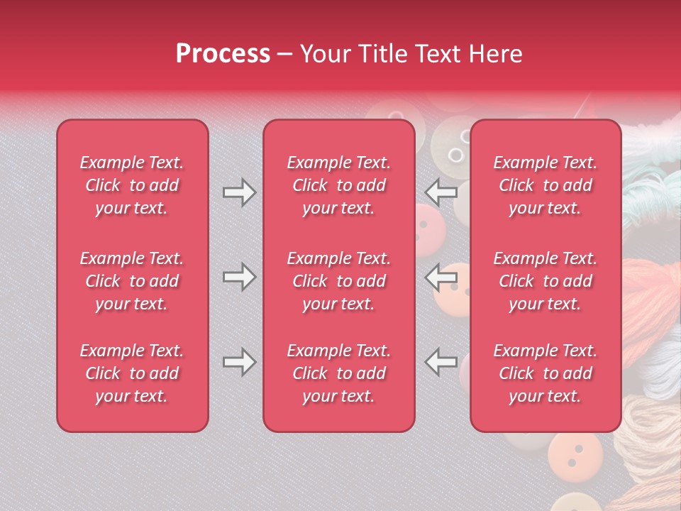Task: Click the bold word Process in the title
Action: (x=223, y=54)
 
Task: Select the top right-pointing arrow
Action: (x=239, y=192)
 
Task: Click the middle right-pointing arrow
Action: (x=239, y=277)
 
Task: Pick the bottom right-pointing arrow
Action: (x=239, y=363)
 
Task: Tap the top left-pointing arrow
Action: (x=441, y=192)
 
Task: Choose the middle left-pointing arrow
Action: (x=441, y=277)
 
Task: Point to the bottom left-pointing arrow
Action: (x=441, y=363)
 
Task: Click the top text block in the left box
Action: (x=132, y=185)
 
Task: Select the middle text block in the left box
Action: (x=132, y=281)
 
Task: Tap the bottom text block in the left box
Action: (x=132, y=373)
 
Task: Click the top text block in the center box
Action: (x=338, y=185)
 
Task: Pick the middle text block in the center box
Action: (x=338, y=281)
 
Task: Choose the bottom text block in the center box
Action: (x=338, y=373)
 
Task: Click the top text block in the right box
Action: (x=546, y=185)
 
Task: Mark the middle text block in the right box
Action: (x=546, y=281)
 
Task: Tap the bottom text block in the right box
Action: (x=546, y=373)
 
